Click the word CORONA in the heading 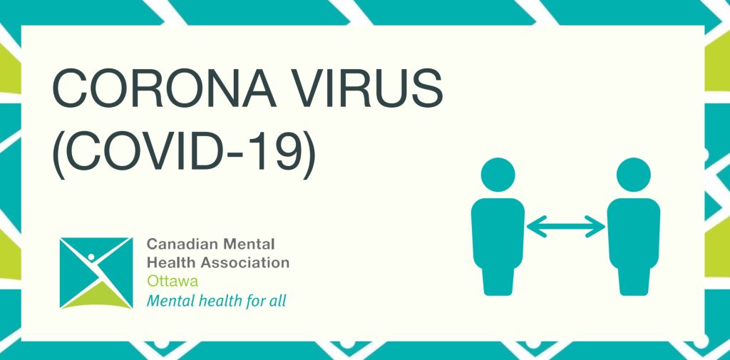[x=164, y=88]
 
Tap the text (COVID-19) [x=184, y=152]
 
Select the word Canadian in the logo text [x=182, y=244]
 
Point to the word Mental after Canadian [x=249, y=244]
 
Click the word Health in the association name [x=171, y=262]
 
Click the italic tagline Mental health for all [x=217, y=300]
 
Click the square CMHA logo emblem [x=96, y=273]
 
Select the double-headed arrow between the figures [x=565, y=227]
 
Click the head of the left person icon [x=498, y=175]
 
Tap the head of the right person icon [x=633, y=175]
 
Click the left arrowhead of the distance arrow [x=535, y=227]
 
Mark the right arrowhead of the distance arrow [x=597, y=227]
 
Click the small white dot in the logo [x=91, y=257]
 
